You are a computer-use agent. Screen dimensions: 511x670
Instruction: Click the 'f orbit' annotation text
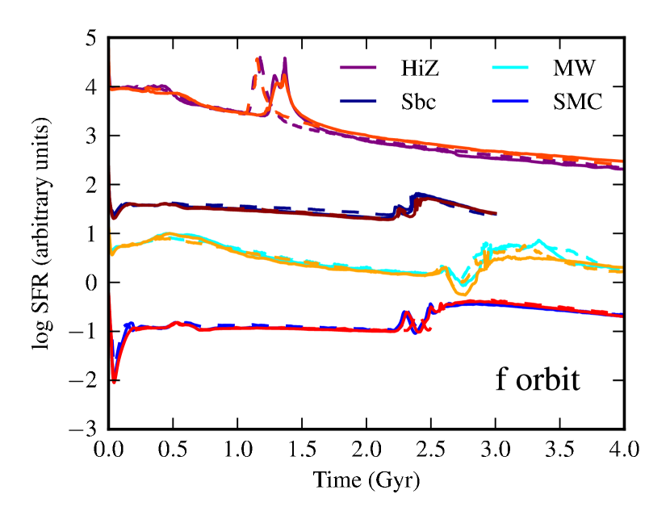[537, 379]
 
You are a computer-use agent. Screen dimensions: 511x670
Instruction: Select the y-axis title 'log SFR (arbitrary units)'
[40, 234]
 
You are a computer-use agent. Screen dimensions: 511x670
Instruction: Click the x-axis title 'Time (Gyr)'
[367, 481]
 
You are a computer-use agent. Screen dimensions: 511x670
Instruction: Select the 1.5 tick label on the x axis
[303, 449]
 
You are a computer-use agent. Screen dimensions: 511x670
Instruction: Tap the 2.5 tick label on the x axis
[431, 449]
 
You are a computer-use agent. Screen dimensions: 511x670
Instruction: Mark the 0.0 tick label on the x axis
[109, 449]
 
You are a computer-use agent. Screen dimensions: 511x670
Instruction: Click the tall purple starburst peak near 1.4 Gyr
[286, 60]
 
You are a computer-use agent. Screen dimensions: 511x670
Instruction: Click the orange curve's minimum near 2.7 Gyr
[459, 291]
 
